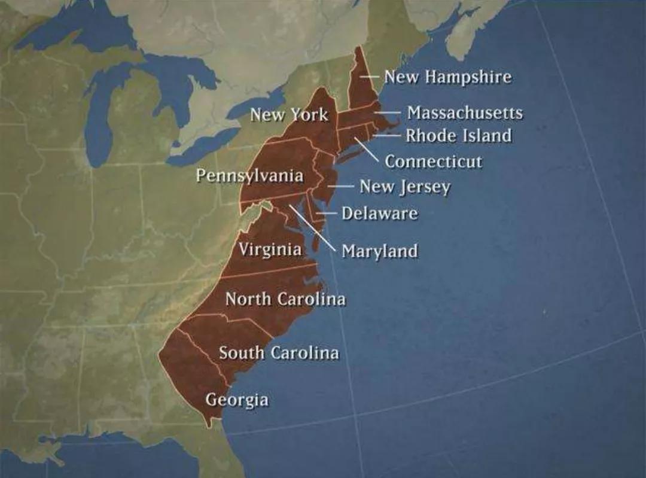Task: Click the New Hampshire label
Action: (x=447, y=77)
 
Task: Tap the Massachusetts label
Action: (x=465, y=112)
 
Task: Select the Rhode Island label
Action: (x=459, y=135)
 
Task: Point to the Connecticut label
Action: (x=433, y=161)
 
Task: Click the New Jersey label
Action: (x=404, y=187)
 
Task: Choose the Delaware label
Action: (x=379, y=213)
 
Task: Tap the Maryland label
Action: (x=379, y=251)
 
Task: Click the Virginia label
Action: (x=270, y=249)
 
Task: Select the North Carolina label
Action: (x=285, y=298)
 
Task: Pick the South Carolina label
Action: (x=279, y=352)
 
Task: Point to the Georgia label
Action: (x=237, y=399)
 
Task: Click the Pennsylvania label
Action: (x=250, y=176)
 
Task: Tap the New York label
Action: (x=289, y=114)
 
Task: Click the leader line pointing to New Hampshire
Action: (x=370, y=77)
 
